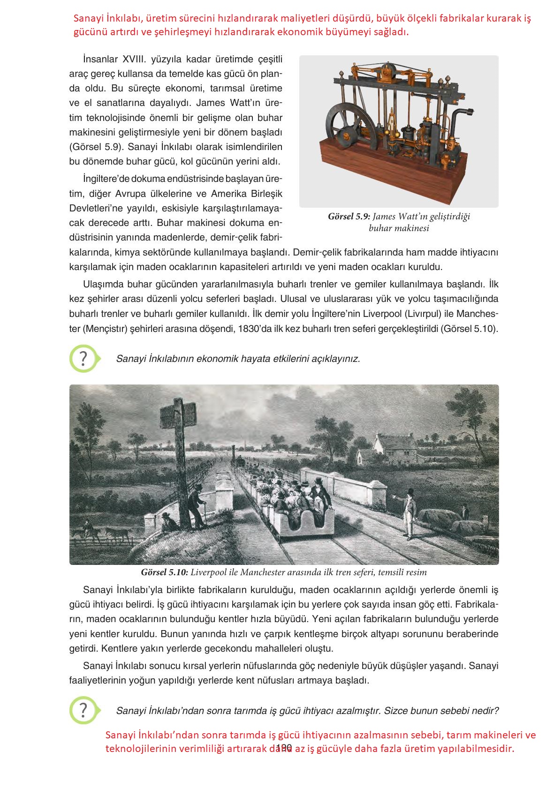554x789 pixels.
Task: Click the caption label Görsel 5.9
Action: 349,217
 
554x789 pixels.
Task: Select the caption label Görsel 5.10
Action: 164,572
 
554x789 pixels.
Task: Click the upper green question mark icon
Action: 83,359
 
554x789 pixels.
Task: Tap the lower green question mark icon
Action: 83,710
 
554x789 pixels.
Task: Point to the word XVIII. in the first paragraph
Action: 135,60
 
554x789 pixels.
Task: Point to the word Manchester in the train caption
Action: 273,572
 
